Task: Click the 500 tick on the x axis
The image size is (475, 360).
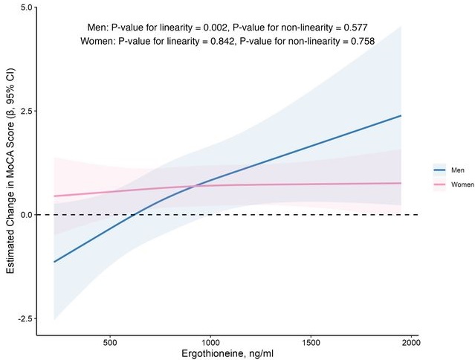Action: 110,343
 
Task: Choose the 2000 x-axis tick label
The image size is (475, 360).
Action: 411,343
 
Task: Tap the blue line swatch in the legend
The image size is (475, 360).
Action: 439,169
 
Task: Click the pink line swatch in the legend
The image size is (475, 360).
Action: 439,183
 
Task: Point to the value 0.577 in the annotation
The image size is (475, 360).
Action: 356,27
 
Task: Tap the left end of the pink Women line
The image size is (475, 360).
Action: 54,196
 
